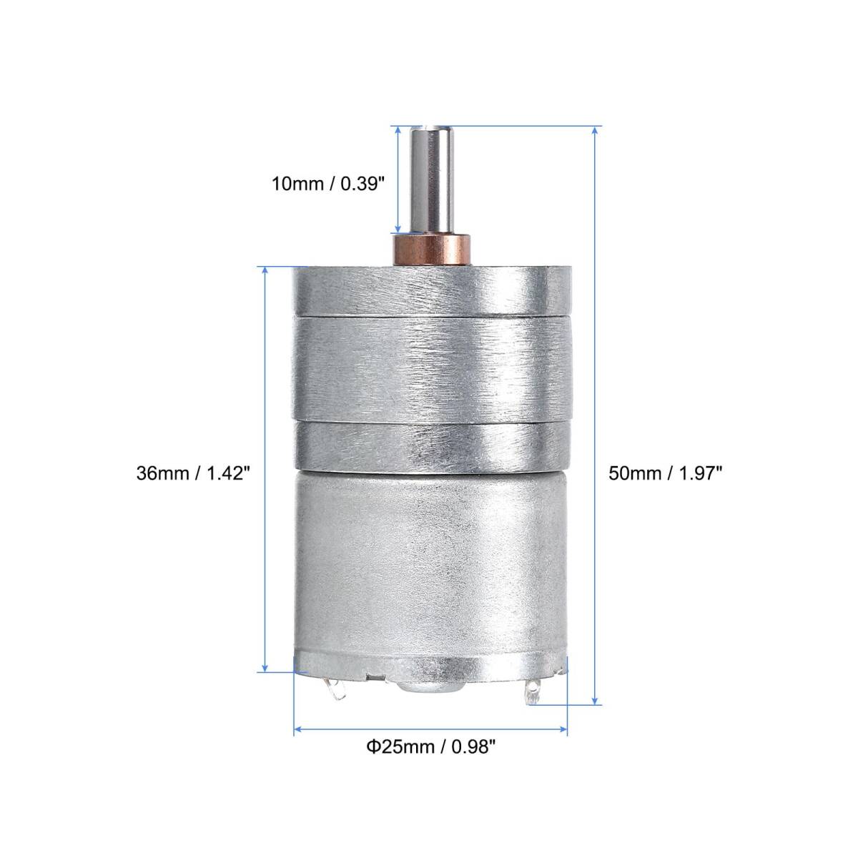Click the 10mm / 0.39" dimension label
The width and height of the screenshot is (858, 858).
coord(327,183)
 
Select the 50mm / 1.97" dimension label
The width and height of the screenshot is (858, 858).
coord(665,473)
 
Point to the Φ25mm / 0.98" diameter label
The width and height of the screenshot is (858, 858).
coord(430,746)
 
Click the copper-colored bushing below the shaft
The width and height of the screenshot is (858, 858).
coord(431,251)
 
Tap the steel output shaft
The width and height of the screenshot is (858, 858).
coord(431,181)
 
